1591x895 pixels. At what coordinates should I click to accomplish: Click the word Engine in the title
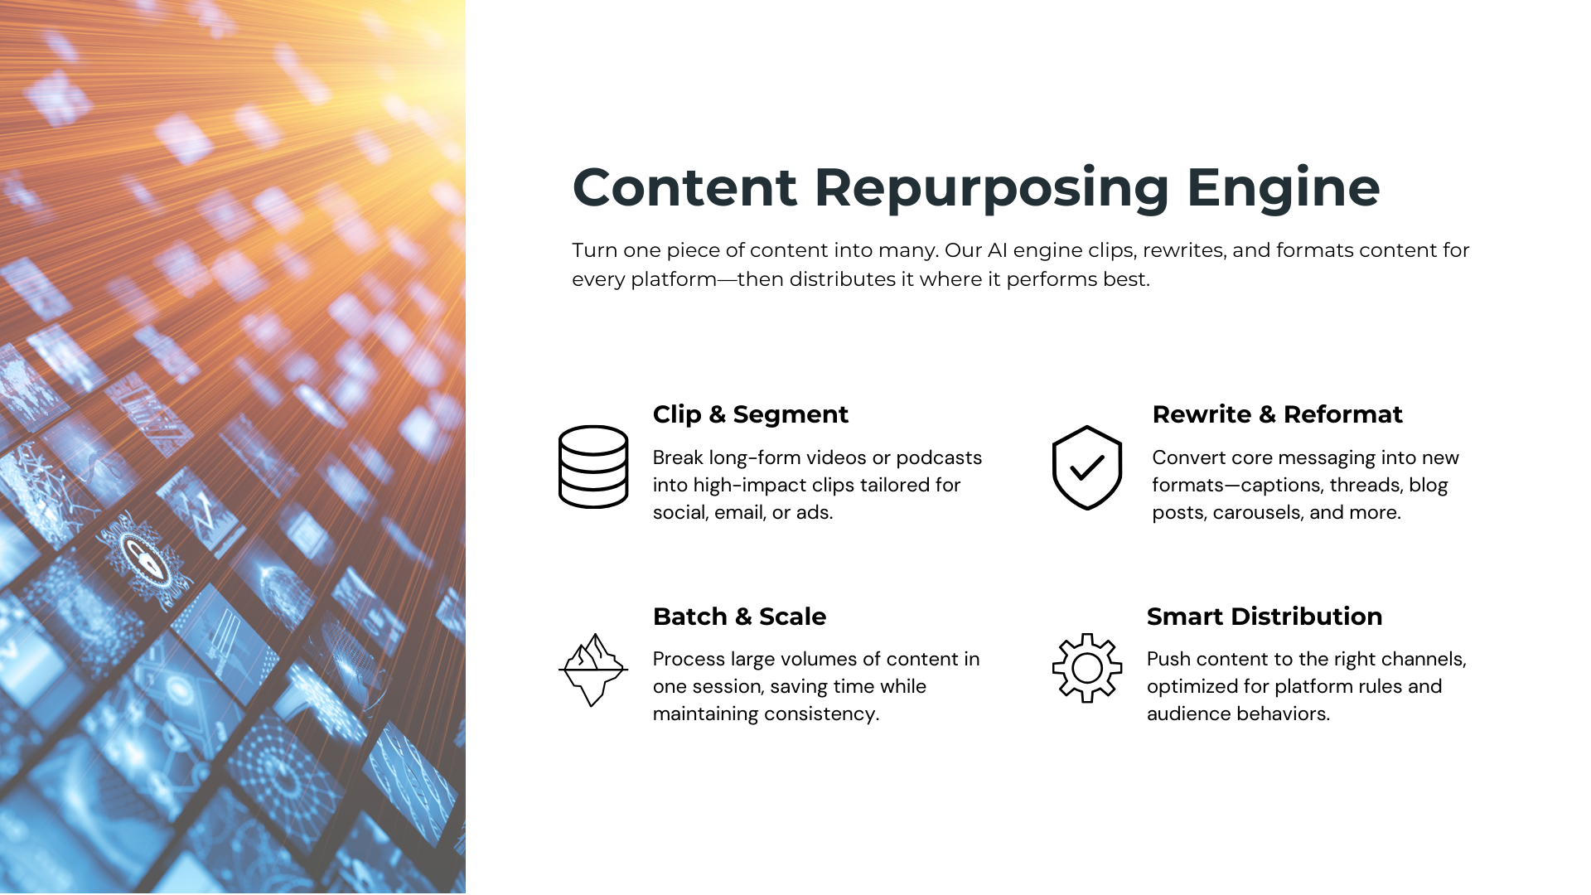(x=1283, y=188)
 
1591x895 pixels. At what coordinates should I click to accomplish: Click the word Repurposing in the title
(x=991, y=188)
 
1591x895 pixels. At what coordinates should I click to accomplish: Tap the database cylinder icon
(x=593, y=467)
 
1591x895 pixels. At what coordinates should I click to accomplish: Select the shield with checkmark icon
(x=1086, y=467)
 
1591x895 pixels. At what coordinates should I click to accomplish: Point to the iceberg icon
(x=593, y=670)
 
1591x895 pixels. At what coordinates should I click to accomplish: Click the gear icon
(x=1086, y=668)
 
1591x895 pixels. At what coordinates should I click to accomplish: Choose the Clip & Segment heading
(x=750, y=414)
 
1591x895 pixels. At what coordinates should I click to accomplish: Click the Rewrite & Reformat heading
(x=1277, y=414)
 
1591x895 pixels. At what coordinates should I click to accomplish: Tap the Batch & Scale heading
(x=739, y=617)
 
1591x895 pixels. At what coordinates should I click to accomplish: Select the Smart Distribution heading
(x=1264, y=617)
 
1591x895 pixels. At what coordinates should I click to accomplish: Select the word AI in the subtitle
(x=997, y=250)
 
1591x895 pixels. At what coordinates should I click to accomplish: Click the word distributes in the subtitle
(x=843, y=279)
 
